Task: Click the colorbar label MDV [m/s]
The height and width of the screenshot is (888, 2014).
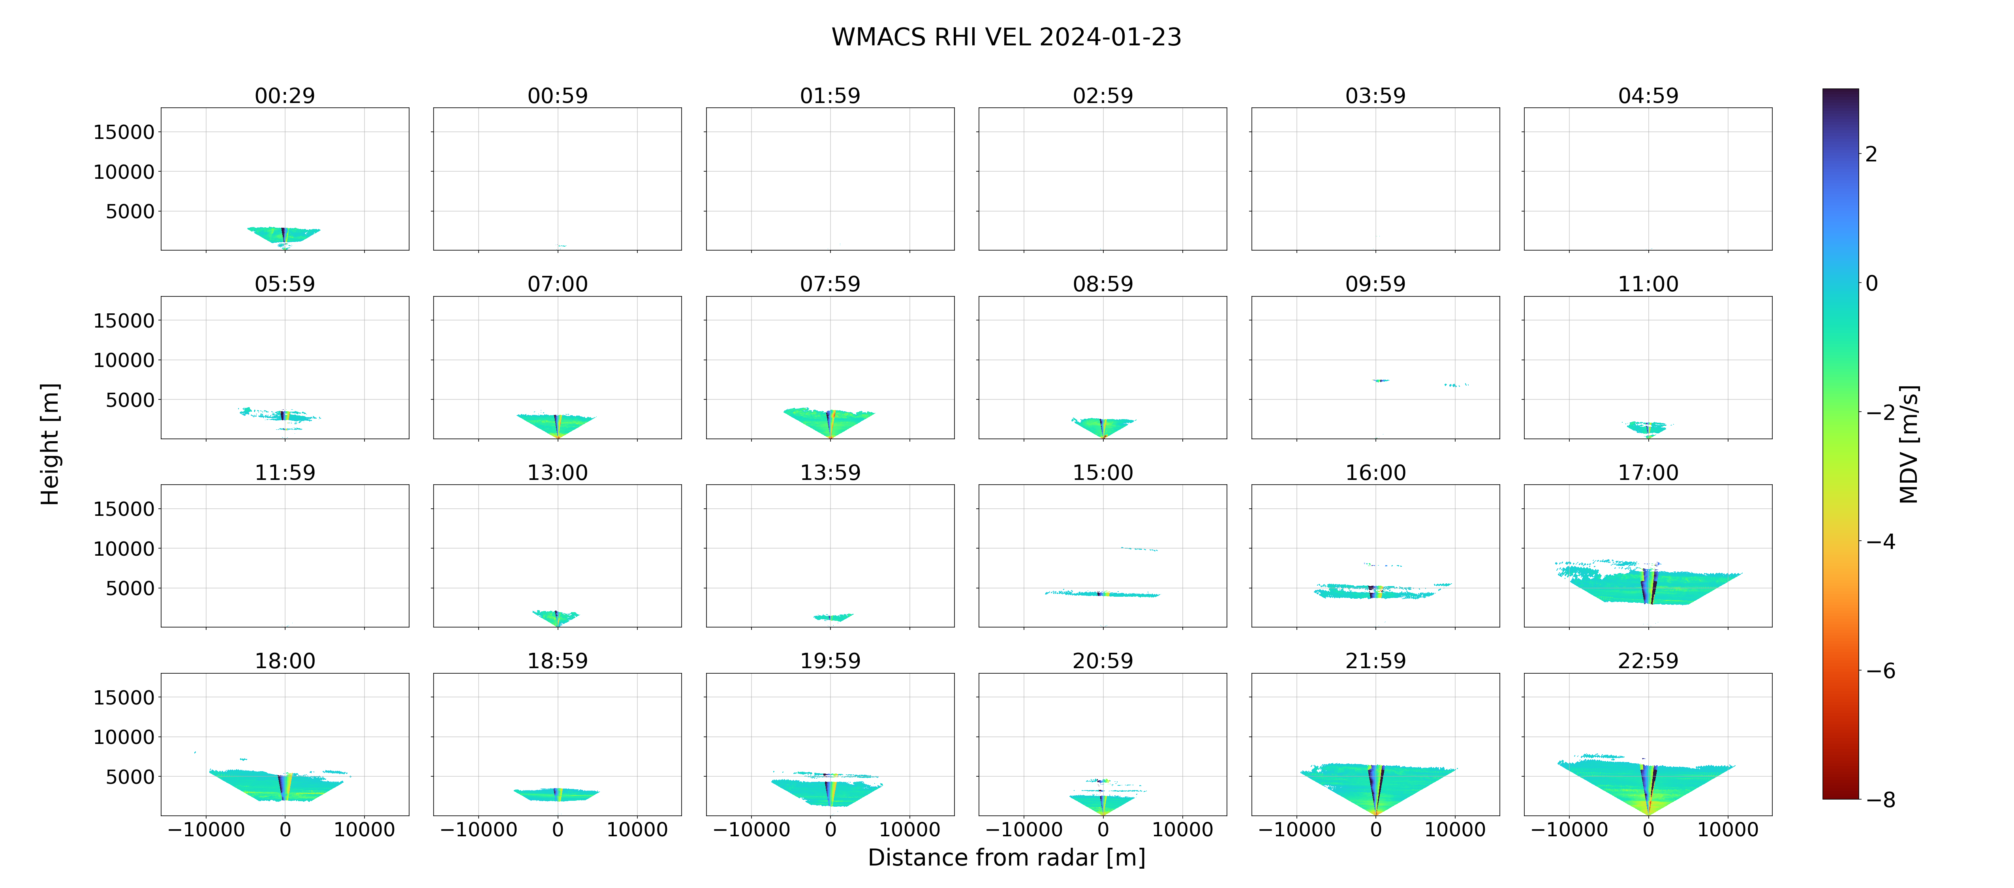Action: click(1909, 444)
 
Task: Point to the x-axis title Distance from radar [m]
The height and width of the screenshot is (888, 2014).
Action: click(1006, 858)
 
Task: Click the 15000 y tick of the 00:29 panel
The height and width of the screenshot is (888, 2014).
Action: click(124, 132)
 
